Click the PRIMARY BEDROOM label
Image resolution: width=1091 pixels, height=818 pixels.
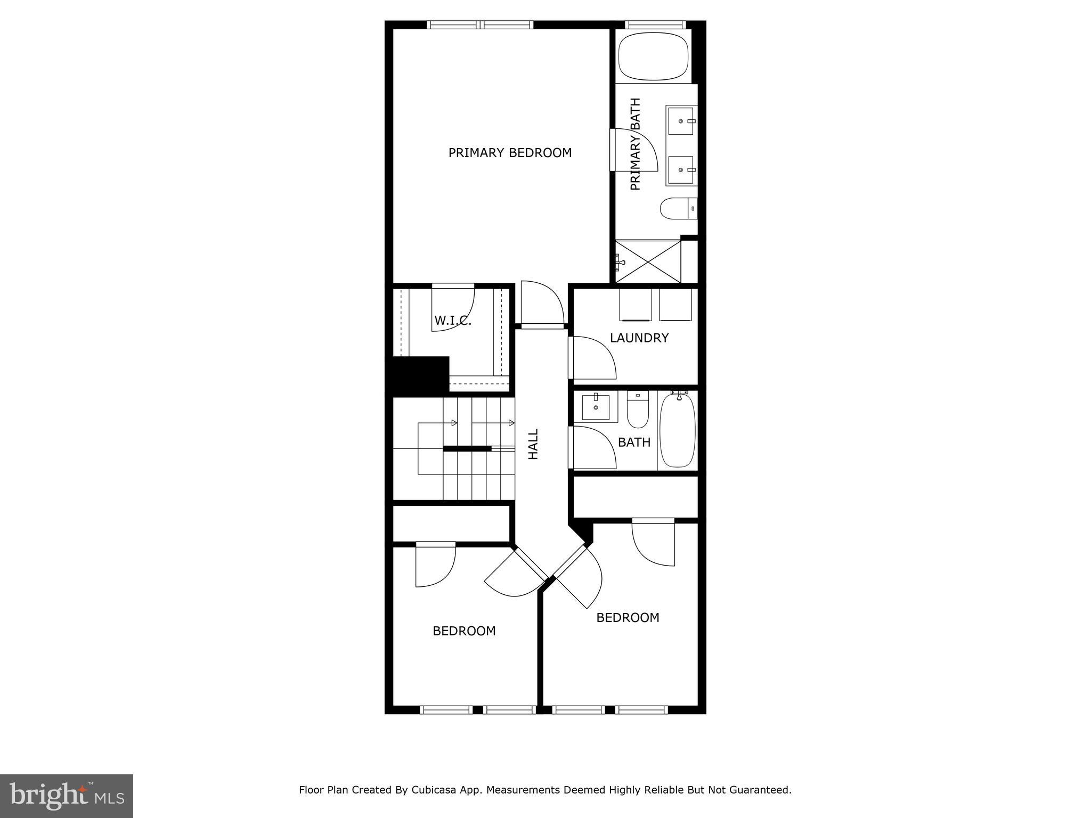click(510, 153)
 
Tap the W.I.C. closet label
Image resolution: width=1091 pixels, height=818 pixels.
click(453, 321)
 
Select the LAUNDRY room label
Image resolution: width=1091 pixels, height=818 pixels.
click(639, 338)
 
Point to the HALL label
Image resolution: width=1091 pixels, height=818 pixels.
click(533, 444)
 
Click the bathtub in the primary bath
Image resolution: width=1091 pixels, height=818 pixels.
click(654, 56)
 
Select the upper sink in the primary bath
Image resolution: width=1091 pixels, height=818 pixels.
click(680, 121)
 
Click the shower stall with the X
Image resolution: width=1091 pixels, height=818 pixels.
click(648, 261)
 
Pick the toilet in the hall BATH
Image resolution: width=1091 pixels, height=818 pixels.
click(637, 411)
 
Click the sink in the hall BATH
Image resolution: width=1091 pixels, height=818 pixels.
click(596, 407)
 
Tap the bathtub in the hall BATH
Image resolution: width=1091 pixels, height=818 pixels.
click(678, 430)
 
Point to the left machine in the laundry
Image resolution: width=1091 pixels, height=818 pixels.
click(636, 305)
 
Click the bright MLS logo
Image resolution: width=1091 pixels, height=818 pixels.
click(67, 795)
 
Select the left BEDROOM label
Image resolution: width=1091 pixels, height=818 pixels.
click(464, 631)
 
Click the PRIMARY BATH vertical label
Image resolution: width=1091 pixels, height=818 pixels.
click(635, 144)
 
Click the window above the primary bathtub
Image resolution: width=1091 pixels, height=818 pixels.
click(654, 24)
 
